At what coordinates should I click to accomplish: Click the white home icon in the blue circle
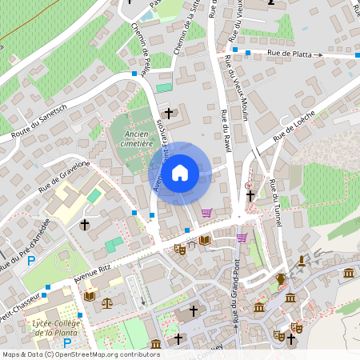180,172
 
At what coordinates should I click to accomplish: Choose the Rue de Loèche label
294,126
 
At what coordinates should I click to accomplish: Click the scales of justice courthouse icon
107,303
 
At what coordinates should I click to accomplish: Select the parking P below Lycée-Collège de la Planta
67,343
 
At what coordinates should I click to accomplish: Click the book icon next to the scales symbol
89,297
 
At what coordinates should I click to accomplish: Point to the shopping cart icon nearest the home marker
207,212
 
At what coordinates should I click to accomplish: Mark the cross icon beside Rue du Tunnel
250,194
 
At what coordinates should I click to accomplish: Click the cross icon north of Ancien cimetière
169,114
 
